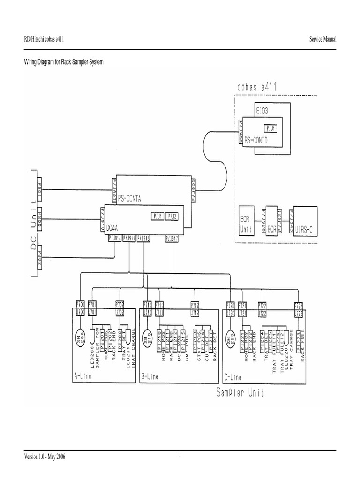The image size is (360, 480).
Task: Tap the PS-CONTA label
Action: click(x=133, y=198)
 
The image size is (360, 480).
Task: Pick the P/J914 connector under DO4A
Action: click(x=115, y=238)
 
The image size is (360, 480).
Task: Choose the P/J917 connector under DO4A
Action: click(x=172, y=238)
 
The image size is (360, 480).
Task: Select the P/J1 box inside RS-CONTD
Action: click(x=271, y=127)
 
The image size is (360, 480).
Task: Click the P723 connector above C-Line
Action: click(x=299, y=304)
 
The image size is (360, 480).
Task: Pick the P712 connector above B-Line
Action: click(x=195, y=304)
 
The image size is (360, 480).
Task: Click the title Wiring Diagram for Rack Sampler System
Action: click(x=64, y=62)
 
